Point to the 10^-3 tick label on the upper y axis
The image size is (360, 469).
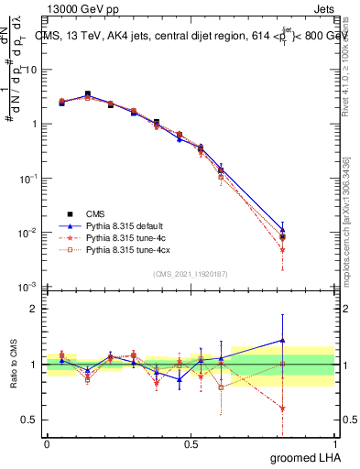tap(27, 287)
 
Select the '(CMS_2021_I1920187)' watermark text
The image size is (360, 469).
tap(190, 273)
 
